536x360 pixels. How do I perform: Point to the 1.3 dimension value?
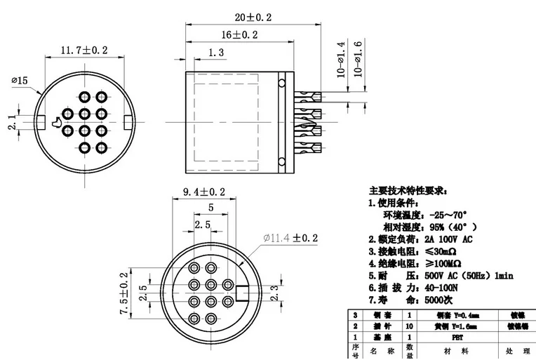click(x=217, y=53)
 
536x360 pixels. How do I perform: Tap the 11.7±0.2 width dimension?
click(x=83, y=50)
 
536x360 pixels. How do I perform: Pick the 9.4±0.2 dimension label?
click(x=203, y=191)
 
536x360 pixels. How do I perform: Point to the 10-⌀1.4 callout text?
click(x=342, y=60)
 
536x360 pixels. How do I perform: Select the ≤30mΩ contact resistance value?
click(x=439, y=251)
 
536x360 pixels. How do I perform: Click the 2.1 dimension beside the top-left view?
click(x=11, y=123)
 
